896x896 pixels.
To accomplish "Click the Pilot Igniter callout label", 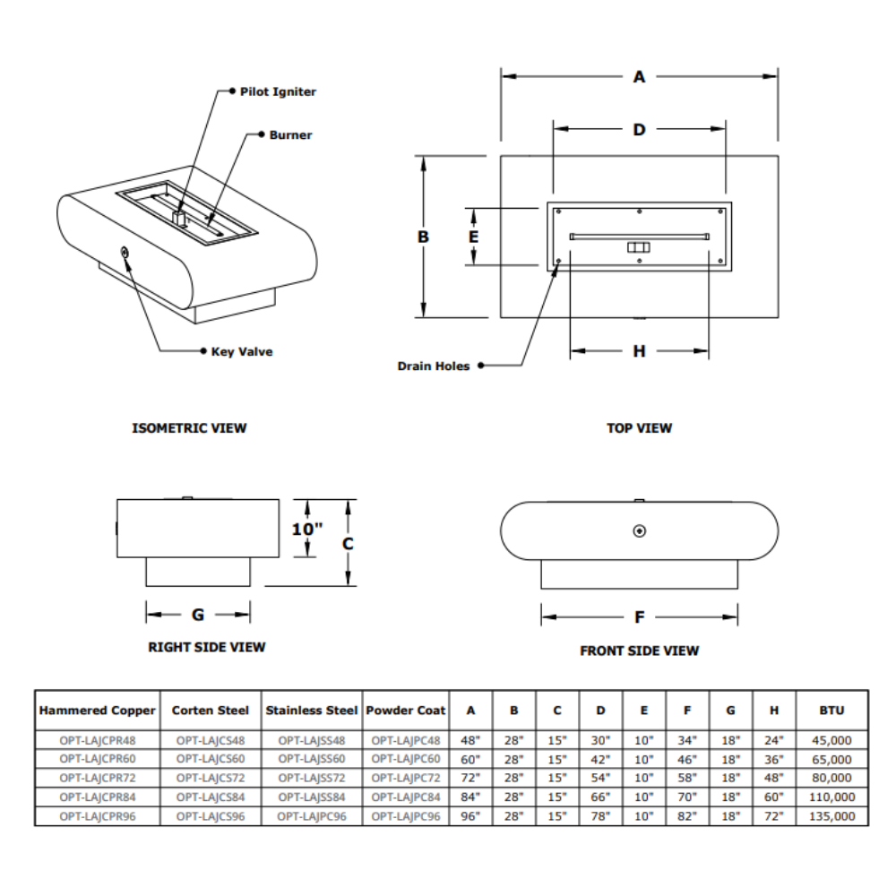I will click(x=278, y=91).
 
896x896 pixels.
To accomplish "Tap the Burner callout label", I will click(x=290, y=135).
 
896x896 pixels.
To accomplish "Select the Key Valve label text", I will click(x=242, y=352).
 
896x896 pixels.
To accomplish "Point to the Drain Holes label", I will click(x=434, y=366).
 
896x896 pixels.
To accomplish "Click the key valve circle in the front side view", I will click(x=639, y=531).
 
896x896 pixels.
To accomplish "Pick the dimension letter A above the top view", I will click(x=639, y=77).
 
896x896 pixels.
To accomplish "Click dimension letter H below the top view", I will click(x=639, y=351).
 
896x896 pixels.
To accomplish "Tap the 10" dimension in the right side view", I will click(x=306, y=529).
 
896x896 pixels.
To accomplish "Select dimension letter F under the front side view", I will click(x=640, y=617).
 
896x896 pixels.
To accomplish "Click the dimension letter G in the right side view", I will click(x=198, y=615).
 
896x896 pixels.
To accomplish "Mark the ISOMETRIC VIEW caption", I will click(x=189, y=428).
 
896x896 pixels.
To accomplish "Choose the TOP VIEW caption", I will click(x=639, y=428).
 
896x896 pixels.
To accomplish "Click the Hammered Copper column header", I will click(x=98, y=711).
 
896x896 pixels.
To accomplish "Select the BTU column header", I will click(x=832, y=711).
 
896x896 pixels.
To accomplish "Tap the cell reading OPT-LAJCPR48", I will click(x=97, y=741).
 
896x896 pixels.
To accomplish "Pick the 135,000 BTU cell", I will click(x=832, y=816).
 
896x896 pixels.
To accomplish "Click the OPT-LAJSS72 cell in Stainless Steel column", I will click(x=312, y=779).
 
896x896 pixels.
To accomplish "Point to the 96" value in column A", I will click(x=470, y=816).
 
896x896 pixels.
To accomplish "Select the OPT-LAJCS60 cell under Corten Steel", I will click(x=211, y=760).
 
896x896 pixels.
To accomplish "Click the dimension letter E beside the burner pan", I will click(x=474, y=237).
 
